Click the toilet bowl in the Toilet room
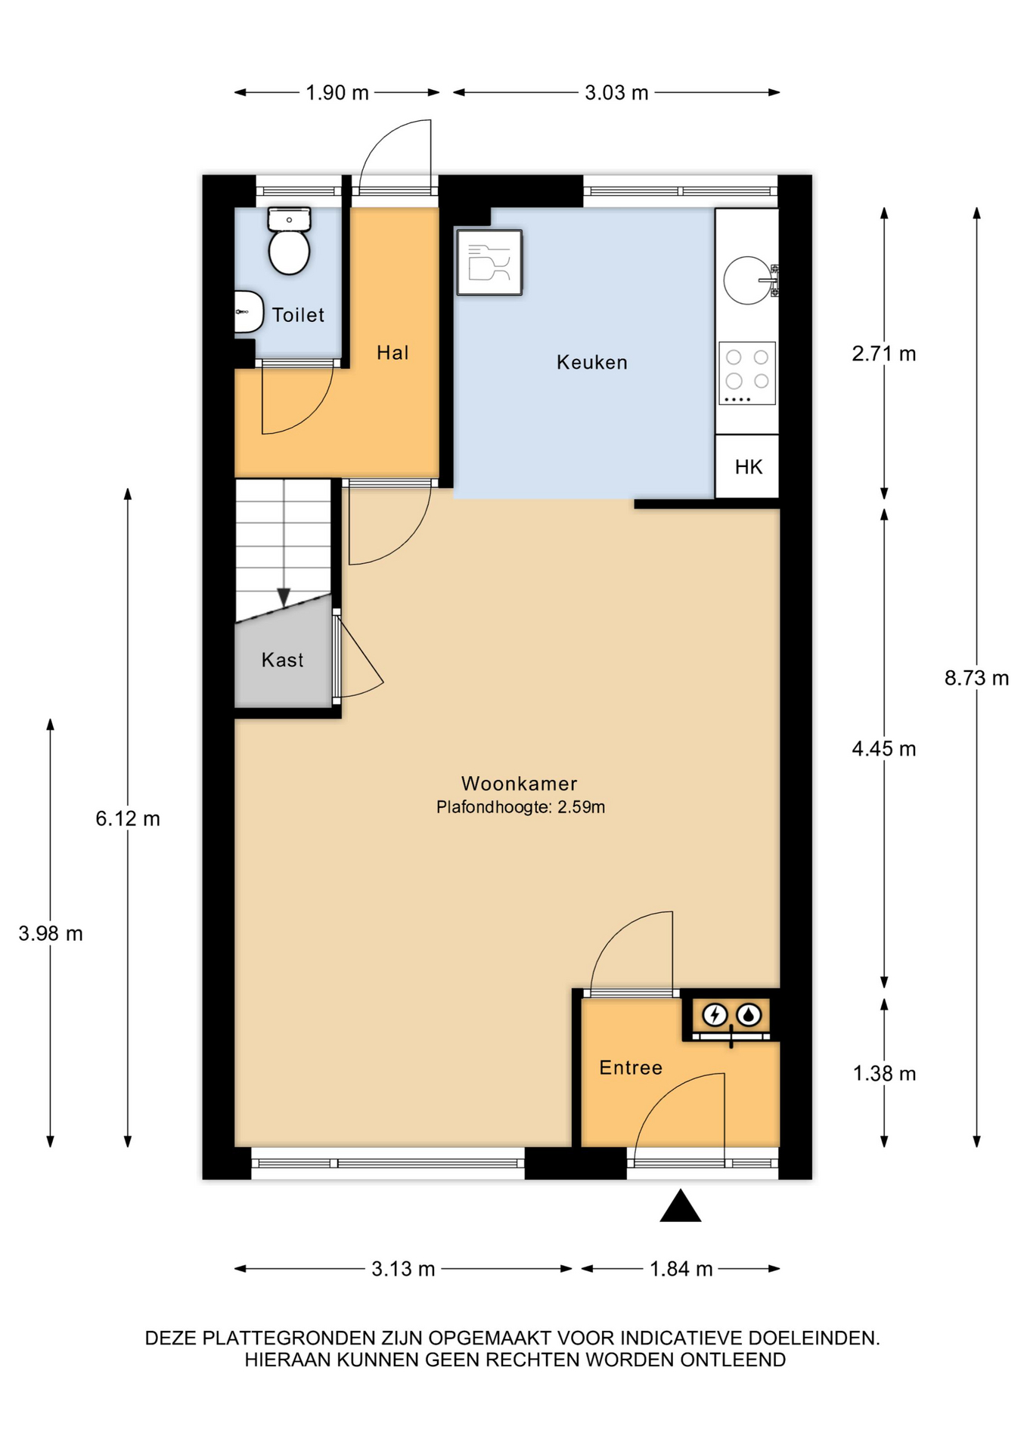(x=289, y=252)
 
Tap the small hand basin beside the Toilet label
(x=248, y=311)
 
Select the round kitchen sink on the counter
(x=747, y=280)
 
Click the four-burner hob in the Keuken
(x=747, y=373)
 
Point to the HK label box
(x=747, y=466)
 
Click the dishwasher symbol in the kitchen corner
(x=489, y=262)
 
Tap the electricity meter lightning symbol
(x=715, y=1014)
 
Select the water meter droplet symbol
(x=749, y=1014)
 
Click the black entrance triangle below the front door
(x=681, y=1206)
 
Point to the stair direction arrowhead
(x=284, y=598)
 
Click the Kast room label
(x=282, y=660)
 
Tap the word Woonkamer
(x=520, y=784)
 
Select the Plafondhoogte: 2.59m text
(x=520, y=807)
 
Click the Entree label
(x=631, y=1068)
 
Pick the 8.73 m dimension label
(x=976, y=678)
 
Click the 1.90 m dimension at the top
(x=337, y=92)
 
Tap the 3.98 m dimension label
(x=51, y=933)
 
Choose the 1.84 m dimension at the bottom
(x=681, y=1269)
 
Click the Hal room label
(x=392, y=352)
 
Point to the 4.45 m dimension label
(x=884, y=749)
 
